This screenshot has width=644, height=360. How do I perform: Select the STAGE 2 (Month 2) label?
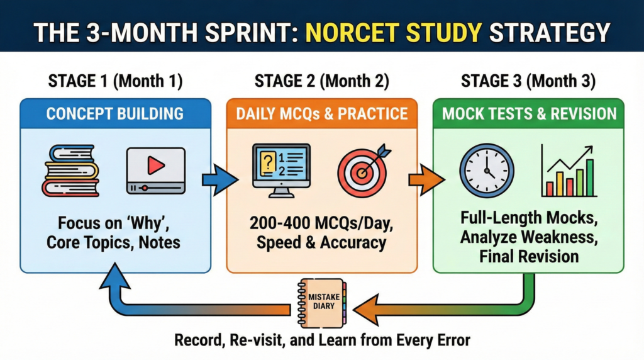(321, 81)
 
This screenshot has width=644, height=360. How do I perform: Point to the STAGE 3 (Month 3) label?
(528, 81)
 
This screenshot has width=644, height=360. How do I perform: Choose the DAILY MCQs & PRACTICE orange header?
(321, 114)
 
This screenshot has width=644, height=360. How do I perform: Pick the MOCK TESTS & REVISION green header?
(528, 114)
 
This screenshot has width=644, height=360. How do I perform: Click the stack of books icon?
(70, 169)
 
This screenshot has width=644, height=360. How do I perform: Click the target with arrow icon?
(363, 168)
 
